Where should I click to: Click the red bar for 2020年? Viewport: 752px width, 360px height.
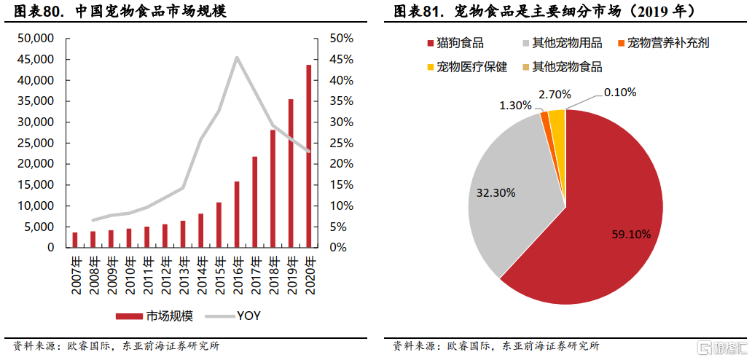click(x=309, y=156)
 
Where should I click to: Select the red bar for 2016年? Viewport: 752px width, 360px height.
click(x=237, y=214)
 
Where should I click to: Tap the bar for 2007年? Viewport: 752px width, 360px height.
click(x=74, y=240)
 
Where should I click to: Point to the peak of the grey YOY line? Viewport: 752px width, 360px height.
click(x=237, y=57)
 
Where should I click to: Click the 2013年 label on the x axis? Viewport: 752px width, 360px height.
click(x=183, y=275)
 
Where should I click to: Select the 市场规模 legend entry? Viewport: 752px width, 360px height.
click(x=154, y=316)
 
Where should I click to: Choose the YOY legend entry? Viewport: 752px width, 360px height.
click(x=233, y=316)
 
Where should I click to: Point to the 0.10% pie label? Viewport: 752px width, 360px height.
click(x=620, y=92)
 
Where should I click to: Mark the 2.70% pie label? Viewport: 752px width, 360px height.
click(x=555, y=95)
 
